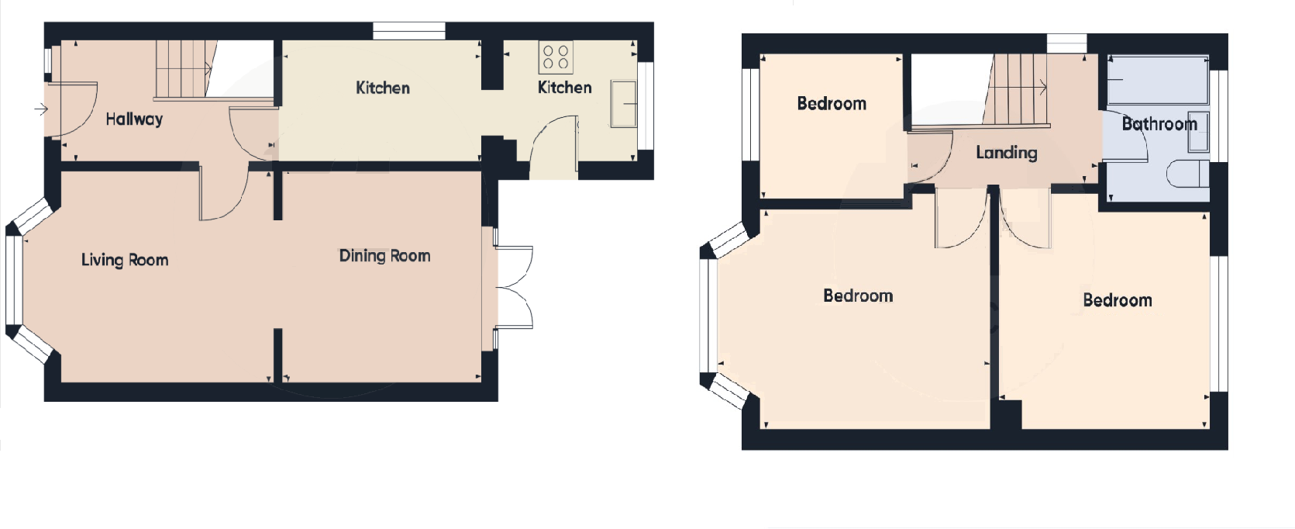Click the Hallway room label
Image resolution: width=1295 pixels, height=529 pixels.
tap(134, 119)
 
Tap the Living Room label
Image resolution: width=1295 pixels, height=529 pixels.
tap(125, 260)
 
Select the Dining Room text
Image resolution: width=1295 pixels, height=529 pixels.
tap(384, 256)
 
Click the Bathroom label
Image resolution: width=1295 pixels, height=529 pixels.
tap(1159, 124)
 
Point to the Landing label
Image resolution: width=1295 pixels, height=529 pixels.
tap(1006, 153)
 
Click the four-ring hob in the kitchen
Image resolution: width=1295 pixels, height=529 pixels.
tap(556, 57)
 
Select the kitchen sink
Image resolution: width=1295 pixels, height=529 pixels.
tap(623, 102)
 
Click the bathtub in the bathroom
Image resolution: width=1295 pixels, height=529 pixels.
tap(1158, 79)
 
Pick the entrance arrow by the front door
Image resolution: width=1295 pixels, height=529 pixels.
tap(41, 110)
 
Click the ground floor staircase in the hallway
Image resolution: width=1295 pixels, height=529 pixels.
tap(183, 70)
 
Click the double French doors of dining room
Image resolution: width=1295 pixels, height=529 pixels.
tap(513, 287)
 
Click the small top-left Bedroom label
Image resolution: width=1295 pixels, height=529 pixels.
tap(832, 104)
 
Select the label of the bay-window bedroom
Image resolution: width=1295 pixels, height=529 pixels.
tap(857, 296)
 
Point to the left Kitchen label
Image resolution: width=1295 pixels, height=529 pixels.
tap(382, 88)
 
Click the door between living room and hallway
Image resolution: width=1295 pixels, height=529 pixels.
tap(223, 194)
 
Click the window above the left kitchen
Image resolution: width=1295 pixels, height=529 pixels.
tap(408, 31)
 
